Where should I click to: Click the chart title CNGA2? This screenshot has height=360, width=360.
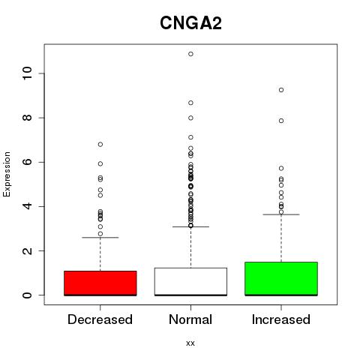coord(190,23)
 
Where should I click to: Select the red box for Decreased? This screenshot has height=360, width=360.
coord(100,283)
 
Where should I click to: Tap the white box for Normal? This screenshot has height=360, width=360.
coord(190,281)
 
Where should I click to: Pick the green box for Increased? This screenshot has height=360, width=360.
coord(281,279)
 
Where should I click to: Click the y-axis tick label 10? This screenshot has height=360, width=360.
coord(28,73)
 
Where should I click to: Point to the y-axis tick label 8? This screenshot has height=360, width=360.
coord(28,118)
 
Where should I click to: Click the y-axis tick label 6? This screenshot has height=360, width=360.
coord(28,162)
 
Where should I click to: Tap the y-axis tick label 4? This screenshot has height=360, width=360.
coord(28,206)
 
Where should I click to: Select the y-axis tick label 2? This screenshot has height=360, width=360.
coord(28,250)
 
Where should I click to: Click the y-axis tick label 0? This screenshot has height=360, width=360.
coord(28,295)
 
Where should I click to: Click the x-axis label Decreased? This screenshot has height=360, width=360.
coord(100,319)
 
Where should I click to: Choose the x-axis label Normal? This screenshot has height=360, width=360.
coord(190,319)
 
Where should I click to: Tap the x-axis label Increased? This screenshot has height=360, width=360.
coord(281,319)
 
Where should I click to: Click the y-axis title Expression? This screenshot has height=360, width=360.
coord(7,174)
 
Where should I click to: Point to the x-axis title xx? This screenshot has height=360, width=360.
coord(190,343)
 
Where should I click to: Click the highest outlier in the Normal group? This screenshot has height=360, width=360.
coord(190,54)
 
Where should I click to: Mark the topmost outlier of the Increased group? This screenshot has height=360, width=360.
coord(281,90)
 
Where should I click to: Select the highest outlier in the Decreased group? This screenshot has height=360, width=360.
coord(100,144)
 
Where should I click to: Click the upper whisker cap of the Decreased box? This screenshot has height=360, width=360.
coord(100,238)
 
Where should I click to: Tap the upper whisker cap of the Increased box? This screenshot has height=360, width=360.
coord(281,214)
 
